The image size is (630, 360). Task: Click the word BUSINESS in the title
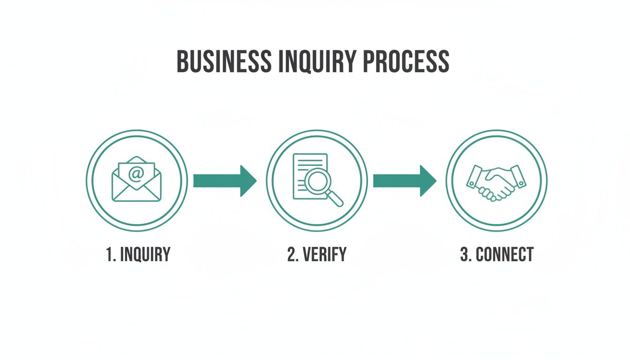tap(224, 61)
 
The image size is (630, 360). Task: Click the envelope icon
tap(136, 180)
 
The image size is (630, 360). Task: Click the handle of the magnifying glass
tap(336, 199)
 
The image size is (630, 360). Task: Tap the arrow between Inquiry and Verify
tap(225, 180)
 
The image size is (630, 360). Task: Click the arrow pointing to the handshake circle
tap(405, 180)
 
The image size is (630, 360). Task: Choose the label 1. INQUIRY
tap(138, 255)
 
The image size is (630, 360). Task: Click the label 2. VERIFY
tap(317, 255)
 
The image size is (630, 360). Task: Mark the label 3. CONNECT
tap(497, 255)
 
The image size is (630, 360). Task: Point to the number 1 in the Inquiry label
tap(110, 255)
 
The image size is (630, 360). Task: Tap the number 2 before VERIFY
tap(291, 255)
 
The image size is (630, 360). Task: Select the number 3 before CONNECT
tap(464, 255)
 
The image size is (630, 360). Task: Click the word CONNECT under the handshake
tap(504, 255)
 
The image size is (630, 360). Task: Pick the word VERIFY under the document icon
tap(324, 255)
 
